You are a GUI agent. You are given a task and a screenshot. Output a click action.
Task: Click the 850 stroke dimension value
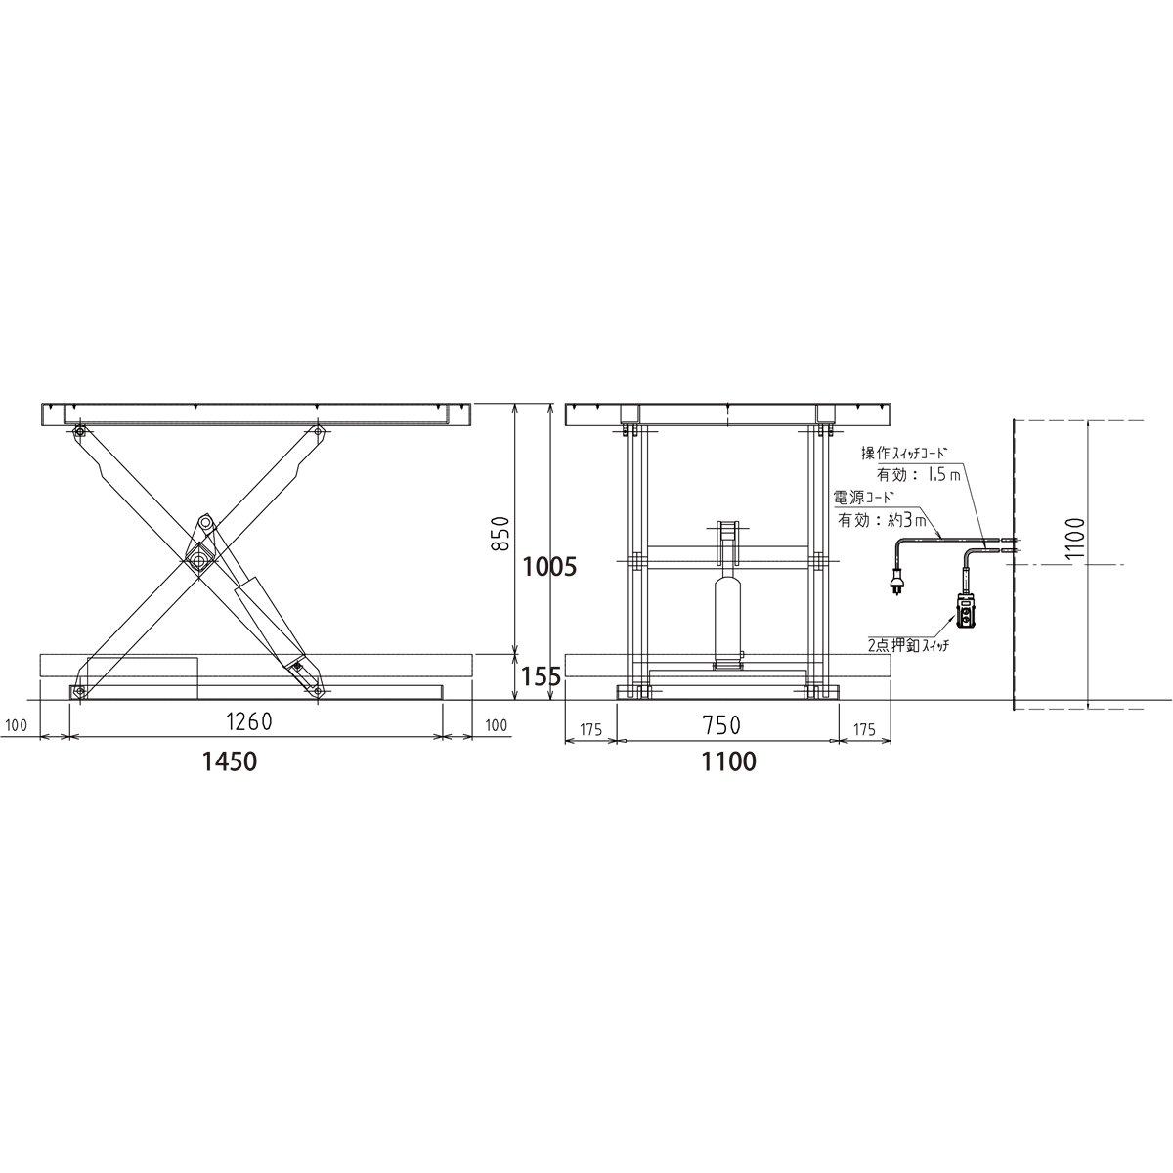click(x=500, y=534)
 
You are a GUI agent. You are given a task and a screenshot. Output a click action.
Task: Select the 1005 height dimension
click(x=549, y=567)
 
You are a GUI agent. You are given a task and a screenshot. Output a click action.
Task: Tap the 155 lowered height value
click(x=541, y=676)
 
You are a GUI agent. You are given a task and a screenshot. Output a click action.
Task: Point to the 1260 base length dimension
click(x=249, y=722)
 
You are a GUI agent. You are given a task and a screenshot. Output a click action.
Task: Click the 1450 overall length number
click(x=230, y=761)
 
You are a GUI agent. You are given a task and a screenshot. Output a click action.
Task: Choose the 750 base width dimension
click(x=722, y=725)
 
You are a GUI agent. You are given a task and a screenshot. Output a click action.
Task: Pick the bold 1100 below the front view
click(x=729, y=761)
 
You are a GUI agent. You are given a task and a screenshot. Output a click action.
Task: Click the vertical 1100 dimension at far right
click(x=1075, y=538)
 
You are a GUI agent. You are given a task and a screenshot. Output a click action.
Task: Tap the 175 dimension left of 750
click(x=590, y=730)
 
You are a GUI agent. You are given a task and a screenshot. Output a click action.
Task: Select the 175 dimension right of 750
click(x=864, y=730)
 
